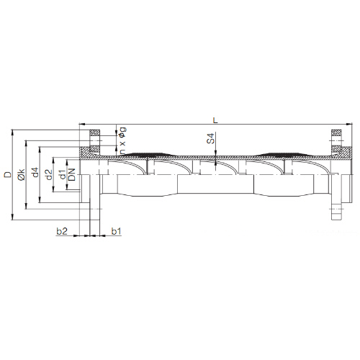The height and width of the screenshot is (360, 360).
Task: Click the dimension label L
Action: [215, 120]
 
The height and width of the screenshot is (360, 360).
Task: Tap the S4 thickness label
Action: [210, 139]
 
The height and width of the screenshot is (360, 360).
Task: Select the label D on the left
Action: [8, 174]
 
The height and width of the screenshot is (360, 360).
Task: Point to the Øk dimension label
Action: [22, 174]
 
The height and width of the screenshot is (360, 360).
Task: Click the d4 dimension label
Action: [35, 172]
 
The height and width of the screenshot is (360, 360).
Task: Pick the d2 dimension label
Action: [49, 175]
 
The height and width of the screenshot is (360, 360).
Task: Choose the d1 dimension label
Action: [63, 174]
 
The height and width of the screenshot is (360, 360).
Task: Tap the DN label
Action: [72, 174]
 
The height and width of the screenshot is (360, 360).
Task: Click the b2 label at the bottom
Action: [62, 231]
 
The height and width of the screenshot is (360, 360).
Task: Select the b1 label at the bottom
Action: [116, 231]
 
